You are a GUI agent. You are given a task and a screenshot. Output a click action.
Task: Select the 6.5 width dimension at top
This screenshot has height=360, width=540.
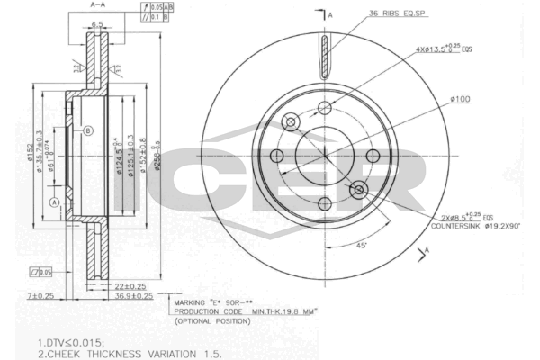coord(96,24)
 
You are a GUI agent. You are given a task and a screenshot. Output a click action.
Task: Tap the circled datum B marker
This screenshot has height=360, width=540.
coord(88,131)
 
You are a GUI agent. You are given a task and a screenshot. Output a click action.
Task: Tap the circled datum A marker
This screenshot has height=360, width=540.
coord(55,202)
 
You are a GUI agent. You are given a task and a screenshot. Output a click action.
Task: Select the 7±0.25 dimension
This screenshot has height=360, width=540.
coord(40,295)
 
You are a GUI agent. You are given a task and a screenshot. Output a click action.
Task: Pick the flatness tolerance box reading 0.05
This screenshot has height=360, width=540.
coord(40,271)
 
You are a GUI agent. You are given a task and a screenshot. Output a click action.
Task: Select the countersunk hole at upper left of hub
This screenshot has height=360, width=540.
coord(290,121)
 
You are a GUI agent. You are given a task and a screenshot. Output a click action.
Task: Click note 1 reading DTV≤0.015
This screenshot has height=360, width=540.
coord(72,342)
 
